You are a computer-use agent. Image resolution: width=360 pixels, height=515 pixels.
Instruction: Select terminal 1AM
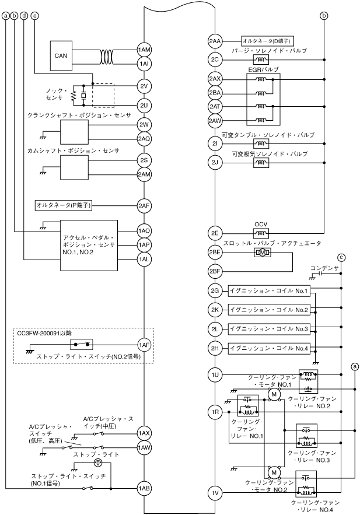pos(144,50)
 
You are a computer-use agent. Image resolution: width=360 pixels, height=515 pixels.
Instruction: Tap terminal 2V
pos(144,85)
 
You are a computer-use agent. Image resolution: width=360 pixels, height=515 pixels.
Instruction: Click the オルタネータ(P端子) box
pos(64,205)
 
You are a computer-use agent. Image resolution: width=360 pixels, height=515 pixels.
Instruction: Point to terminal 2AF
pos(144,205)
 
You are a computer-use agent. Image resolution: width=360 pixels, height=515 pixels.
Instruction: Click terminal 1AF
pos(144,344)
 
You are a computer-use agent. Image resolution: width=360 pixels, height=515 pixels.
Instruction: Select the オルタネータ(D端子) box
pos(267,41)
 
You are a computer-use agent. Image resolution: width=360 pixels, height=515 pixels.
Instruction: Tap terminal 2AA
pos(215,41)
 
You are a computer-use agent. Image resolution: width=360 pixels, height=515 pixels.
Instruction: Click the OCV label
pos(260,223)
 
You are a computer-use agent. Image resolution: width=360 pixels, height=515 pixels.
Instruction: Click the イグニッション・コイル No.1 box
pos(269,290)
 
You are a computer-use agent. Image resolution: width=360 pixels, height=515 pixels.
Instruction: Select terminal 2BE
pos(215,253)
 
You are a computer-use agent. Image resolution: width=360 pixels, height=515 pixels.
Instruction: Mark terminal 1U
pos(215,373)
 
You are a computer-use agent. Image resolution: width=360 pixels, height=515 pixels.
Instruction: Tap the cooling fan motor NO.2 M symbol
pos(273,471)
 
